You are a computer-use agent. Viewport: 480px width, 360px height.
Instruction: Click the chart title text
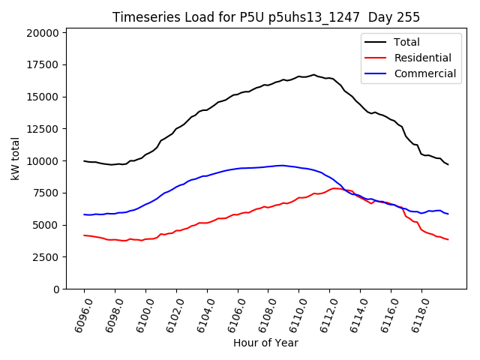[266, 16]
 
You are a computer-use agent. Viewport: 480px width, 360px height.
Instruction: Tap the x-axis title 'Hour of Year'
[265, 343]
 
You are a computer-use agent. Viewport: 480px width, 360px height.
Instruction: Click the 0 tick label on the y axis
[55, 289]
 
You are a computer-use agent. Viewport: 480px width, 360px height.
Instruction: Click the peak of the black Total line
[313, 75]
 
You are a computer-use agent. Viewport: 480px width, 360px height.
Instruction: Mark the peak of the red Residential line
[336, 188]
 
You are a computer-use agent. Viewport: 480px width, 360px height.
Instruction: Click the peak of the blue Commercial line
[281, 166]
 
